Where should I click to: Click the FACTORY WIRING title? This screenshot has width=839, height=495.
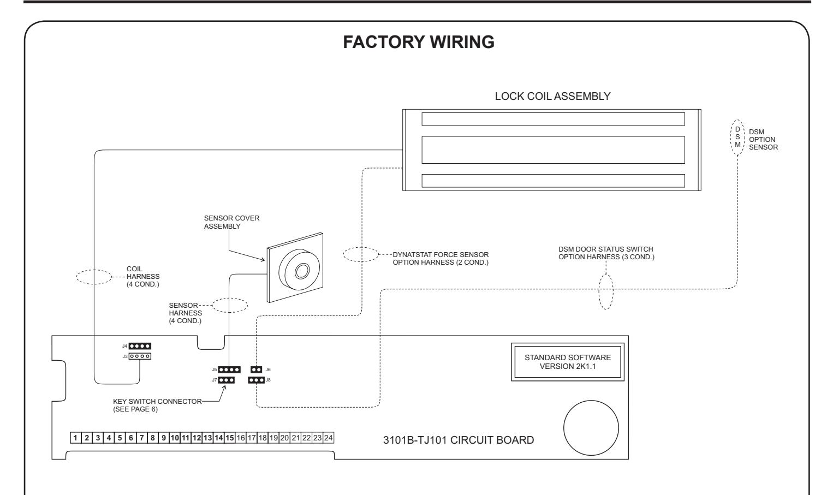pos(419,42)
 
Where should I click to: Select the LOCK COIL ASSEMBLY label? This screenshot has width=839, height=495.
pos(552,96)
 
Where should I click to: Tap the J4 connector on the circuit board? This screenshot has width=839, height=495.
pos(140,346)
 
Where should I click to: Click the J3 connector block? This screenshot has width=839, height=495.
pos(140,356)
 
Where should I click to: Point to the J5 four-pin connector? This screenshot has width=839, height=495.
pos(229,369)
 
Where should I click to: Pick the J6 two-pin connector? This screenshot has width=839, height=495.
pos(256,369)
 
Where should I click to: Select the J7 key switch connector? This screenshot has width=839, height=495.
pos(226,380)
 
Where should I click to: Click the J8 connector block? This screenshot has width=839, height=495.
pos(256,380)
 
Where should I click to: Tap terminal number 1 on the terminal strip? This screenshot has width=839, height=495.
pos(75,438)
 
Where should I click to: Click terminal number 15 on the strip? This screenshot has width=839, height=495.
pos(230,438)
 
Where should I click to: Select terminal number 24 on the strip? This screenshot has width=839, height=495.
pos(329,438)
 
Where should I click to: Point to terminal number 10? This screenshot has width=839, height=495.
pos(175,438)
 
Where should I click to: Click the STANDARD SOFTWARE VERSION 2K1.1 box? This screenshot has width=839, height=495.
pos(568,362)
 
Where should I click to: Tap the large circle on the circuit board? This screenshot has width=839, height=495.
pos(591,428)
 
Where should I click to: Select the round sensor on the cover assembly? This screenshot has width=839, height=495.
pos(299,269)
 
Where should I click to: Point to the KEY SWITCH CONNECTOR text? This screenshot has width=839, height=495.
pos(157,401)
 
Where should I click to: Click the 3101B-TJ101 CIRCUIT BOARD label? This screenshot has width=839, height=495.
pos(459,440)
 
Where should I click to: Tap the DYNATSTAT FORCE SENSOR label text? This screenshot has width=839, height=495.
pos(441,255)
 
